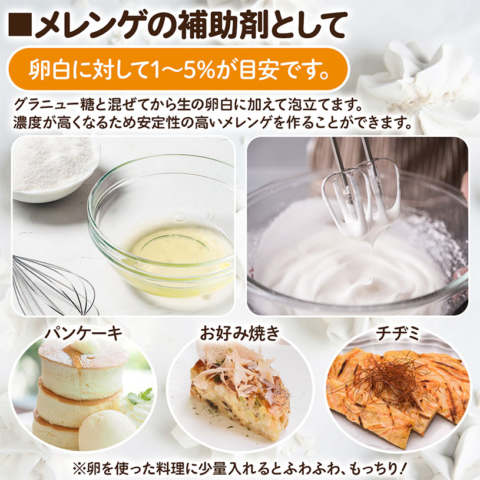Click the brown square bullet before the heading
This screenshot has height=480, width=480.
(x=20, y=24)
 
